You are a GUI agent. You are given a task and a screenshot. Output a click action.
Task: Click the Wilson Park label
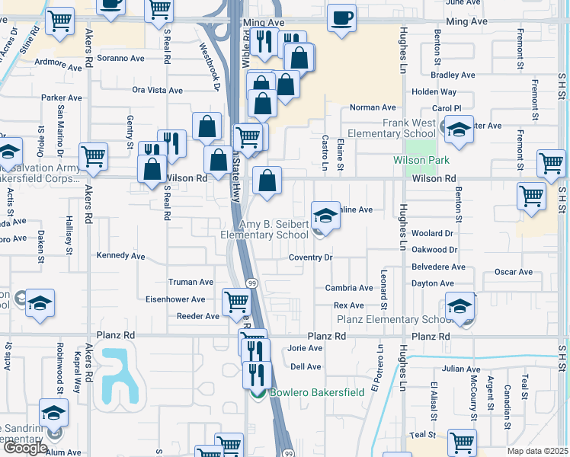421,160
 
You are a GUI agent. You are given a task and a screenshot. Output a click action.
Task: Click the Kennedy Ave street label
120,256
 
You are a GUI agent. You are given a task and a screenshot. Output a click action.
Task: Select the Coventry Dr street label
310,257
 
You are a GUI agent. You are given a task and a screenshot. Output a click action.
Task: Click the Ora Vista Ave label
158,90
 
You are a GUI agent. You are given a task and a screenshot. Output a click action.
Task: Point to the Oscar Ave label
513,272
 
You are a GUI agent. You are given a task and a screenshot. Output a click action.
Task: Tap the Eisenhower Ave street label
176,299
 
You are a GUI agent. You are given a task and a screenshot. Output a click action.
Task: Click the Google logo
25,448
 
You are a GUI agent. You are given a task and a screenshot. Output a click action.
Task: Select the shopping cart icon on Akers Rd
93,156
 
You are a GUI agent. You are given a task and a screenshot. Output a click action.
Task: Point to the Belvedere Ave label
437,267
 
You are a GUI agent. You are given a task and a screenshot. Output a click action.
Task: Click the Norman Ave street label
373,108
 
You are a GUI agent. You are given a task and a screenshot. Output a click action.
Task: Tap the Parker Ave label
62,97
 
